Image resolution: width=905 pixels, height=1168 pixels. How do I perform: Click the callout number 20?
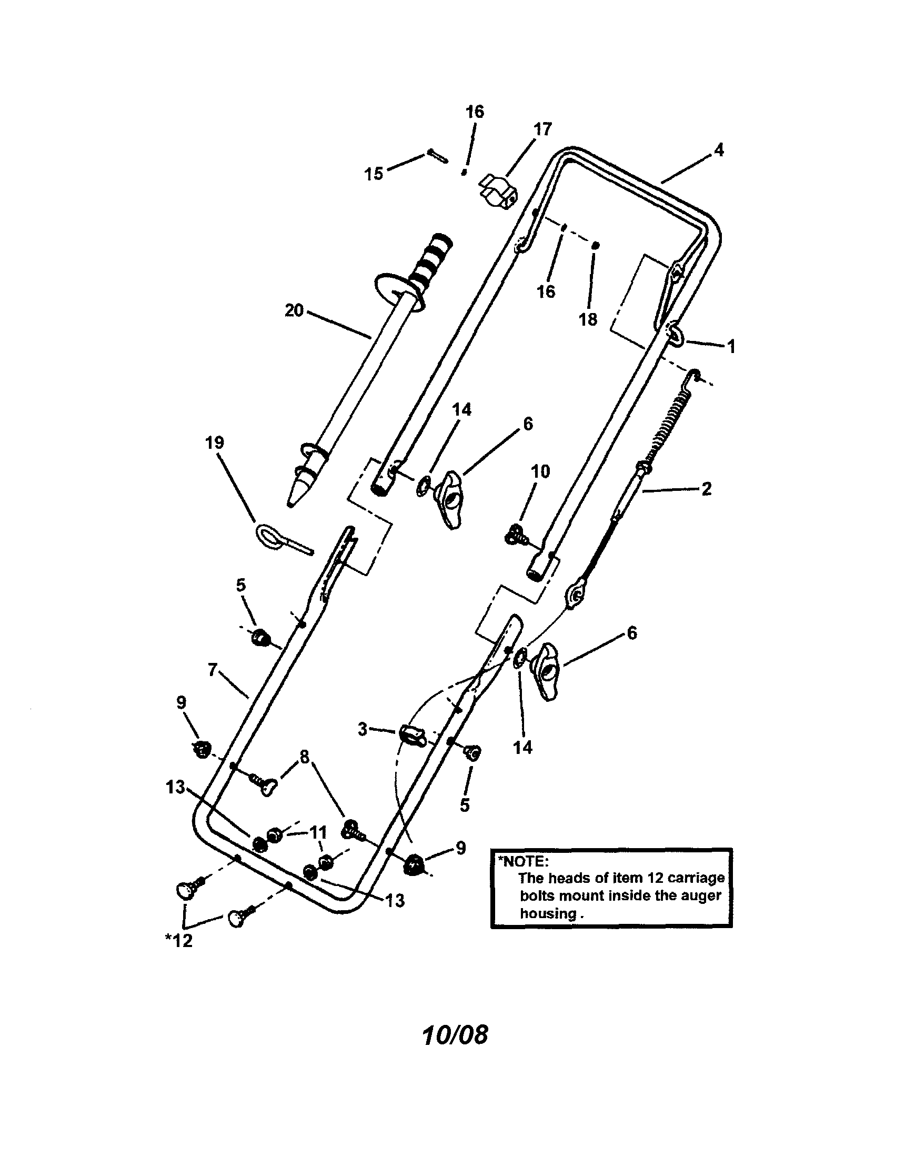coord(294,310)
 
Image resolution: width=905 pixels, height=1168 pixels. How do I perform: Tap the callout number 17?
coord(542,129)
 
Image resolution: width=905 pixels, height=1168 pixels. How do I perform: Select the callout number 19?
coord(215,442)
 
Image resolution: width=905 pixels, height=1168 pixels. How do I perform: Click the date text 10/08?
coord(455,1035)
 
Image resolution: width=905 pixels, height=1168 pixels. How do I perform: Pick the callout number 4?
coord(719,150)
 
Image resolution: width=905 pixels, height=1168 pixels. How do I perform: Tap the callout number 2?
coord(706,488)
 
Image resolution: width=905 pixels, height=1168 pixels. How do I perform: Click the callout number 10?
coord(540,471)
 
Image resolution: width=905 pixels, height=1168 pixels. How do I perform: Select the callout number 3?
coord(363,728)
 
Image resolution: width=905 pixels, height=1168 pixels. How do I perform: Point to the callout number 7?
coord(213,669)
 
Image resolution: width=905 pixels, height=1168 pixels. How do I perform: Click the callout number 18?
coord(588,319)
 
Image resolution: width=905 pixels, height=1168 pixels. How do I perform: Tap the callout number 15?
coord(374,173)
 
